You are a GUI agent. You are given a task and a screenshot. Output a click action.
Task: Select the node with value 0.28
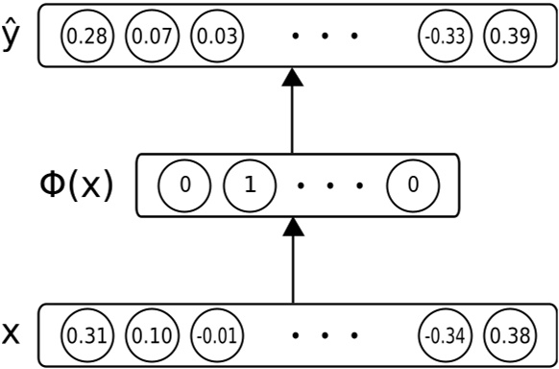[x=86, y=37]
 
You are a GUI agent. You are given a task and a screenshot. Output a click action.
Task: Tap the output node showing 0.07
[x=152, y=37]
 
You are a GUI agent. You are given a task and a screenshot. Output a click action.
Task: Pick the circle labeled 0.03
[x=217, y=37]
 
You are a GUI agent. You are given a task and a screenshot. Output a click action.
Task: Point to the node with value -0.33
[x=445, y=37]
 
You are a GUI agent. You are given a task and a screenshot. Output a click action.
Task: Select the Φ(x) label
[x=67, y=184]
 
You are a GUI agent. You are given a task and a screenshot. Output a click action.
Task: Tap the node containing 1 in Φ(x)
[x=250, y=184]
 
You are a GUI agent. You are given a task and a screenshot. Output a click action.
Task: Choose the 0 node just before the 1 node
[x=184, y=184]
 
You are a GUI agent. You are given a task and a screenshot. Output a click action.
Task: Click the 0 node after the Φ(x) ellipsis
[x=413, y=184]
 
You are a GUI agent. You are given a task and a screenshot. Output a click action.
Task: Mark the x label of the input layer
[x=12, y=333]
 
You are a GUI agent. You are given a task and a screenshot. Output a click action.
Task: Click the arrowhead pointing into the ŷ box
[x=292, y=80]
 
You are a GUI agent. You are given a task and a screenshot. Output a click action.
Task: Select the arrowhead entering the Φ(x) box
[x=292, y=228]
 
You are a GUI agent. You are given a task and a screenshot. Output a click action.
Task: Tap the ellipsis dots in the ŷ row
[x=327, y=37]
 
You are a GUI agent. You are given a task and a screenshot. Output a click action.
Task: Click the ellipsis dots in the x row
[x=327, y=334]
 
